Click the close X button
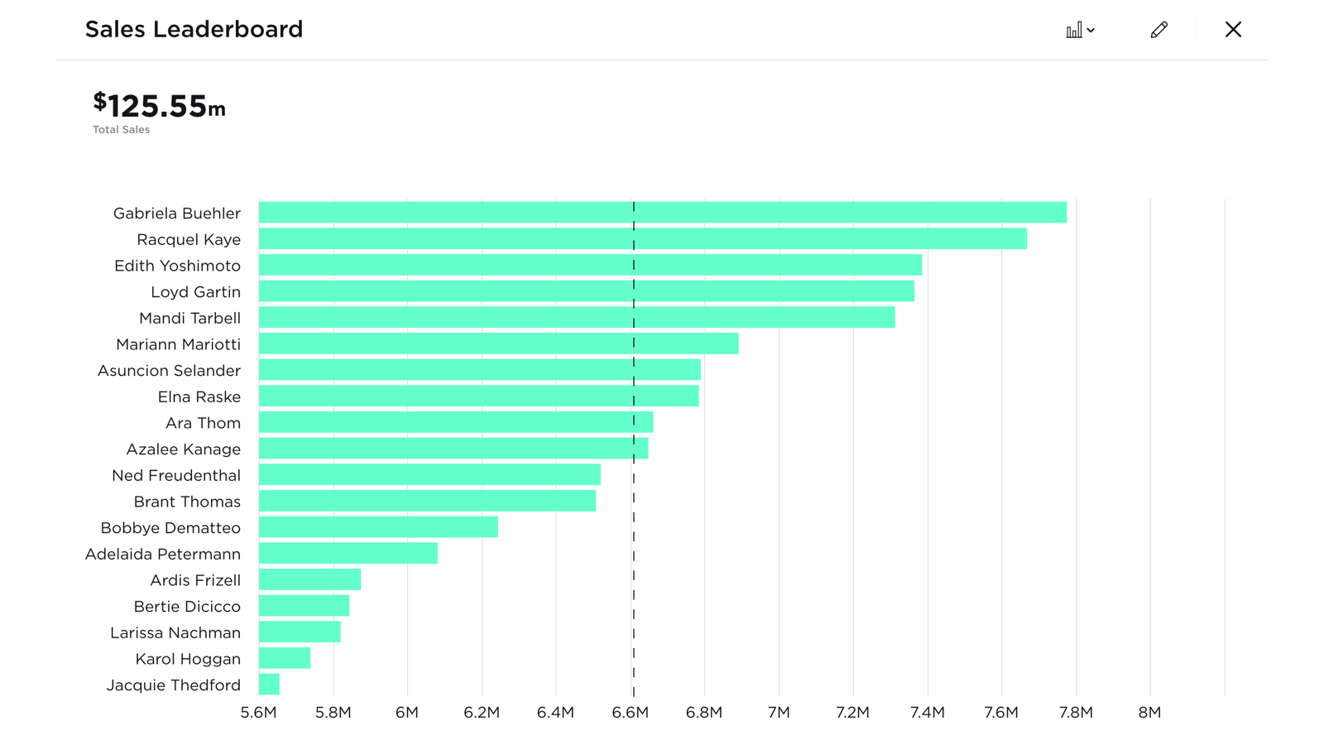(1233, 30)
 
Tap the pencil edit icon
(1158, 30)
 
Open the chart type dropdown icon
(1080, 31)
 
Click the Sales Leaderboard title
(194, 29)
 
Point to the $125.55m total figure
(159, 106)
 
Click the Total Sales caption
(121, 130)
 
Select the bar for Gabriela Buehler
(662, 213)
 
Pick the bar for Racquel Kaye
(642, 239)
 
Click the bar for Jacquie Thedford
(269, 685)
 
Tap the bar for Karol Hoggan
(285, 658)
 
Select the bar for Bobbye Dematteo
(378, 527)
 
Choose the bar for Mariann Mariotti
(498, 344)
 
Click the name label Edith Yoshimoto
(177, 266)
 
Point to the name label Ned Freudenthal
(176, 475)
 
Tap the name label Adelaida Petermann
(163, 554)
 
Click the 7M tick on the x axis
(779, 713)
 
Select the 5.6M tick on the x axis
(258, 713)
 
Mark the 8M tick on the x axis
(1149, 713)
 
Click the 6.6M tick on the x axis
(630, 713)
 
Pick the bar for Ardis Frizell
(309, 579)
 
